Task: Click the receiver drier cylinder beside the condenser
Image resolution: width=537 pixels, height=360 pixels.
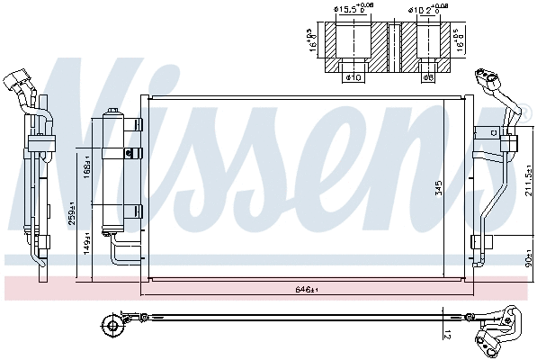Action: click(x=114, y=171)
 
